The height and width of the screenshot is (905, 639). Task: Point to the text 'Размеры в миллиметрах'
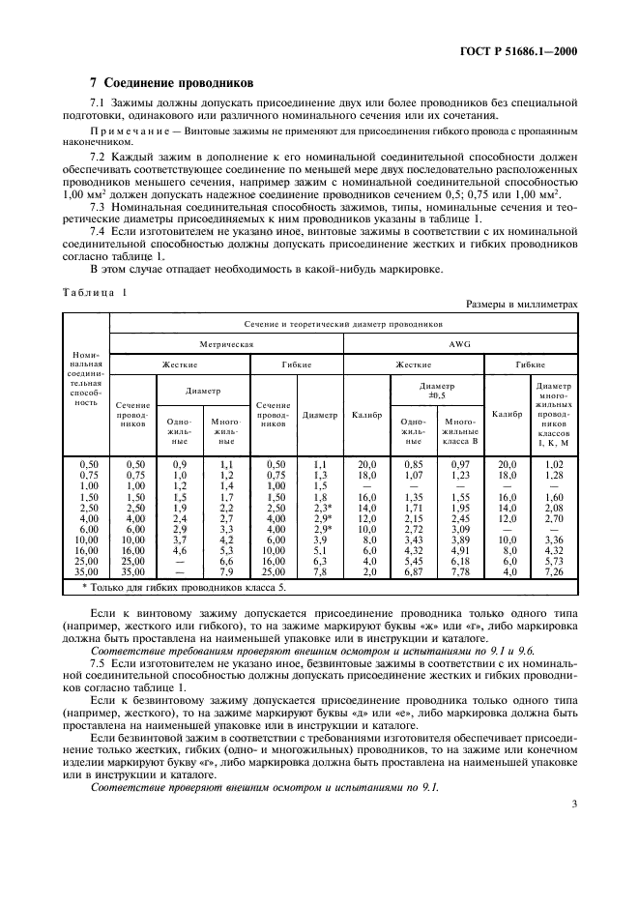pyautogui.click(x=521, y=304)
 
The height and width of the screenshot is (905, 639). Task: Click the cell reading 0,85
pyautogui.click(x=413, y=465)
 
